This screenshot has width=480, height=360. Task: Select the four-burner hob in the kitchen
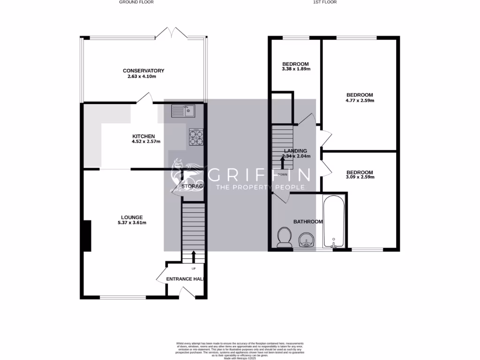point(196,136)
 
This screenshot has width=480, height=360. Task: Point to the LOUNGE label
point(132,217)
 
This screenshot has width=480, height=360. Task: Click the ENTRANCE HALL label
point(186,279)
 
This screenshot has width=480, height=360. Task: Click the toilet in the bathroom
point(284,237)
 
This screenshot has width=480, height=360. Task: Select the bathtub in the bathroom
point(334,220)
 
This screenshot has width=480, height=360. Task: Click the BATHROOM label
point(307,221)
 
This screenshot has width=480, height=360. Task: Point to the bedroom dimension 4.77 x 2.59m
point(360,100)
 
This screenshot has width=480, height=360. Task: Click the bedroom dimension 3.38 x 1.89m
point(295,69)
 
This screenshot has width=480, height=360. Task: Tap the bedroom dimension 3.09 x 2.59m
point(360,177)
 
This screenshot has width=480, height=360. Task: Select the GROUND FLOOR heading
point(136,2)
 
